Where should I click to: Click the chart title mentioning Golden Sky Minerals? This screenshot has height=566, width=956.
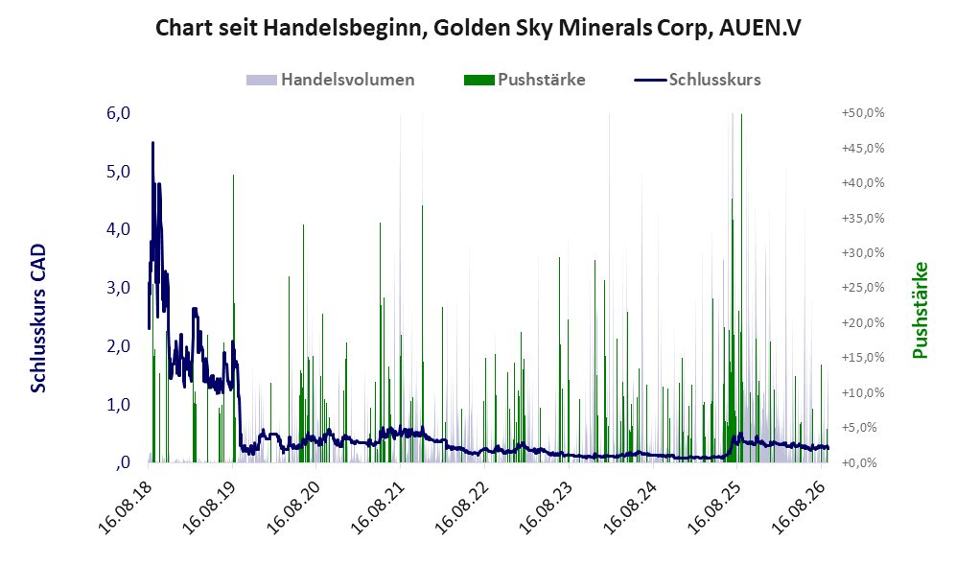click(478, 28)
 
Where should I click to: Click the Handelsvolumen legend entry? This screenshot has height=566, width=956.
click(331, 80)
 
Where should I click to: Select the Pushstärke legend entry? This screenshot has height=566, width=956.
click(525, 80)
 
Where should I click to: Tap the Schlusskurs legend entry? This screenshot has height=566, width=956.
click(697, 80)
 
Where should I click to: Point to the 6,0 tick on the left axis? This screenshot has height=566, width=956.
click(118, 113)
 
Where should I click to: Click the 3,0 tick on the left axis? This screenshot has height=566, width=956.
click(118, 287)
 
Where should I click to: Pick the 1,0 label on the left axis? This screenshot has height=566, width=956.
click(118, 404)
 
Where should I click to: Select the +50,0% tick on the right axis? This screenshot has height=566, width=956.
click(863, 113)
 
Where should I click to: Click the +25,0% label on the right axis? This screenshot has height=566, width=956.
click(863, 287)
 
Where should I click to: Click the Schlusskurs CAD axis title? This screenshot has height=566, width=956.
click(37, 318)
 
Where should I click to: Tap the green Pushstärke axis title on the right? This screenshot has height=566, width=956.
click(920, 310)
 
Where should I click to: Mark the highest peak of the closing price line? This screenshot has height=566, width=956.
click(152, 143)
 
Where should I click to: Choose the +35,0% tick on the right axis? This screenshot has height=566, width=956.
click(863, 218)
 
